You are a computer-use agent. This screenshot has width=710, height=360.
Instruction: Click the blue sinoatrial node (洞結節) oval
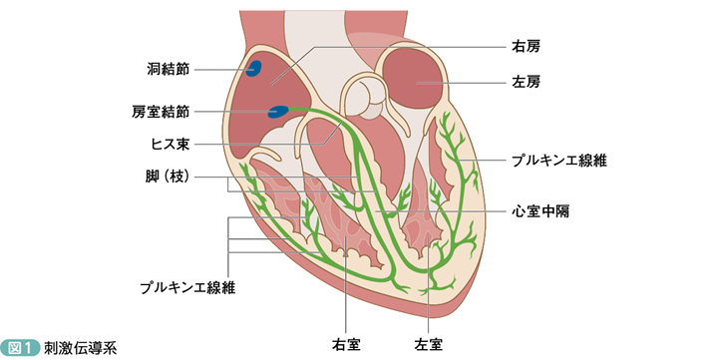coord(254,69)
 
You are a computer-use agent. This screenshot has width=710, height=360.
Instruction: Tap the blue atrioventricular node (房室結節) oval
coord(278,112)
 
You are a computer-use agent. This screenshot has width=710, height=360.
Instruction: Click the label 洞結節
coord(168,69)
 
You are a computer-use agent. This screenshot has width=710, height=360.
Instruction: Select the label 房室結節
coord(161,112)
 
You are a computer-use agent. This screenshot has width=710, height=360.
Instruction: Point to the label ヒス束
coord(170,145)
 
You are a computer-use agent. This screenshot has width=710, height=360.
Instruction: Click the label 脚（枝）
coord(168,177)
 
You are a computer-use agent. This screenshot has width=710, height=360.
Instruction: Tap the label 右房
coord(526,46)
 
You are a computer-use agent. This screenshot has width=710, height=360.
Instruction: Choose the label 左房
coord(526,83)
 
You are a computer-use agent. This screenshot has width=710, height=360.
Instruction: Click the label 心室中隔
coord(540,211)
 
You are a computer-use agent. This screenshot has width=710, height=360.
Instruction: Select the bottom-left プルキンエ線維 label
coord(187,287)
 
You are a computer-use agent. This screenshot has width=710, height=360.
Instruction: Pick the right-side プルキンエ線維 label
coord(559,161)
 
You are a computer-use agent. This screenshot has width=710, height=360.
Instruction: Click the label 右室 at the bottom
coord(346,344)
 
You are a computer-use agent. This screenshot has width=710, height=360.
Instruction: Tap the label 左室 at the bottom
coord(429,344)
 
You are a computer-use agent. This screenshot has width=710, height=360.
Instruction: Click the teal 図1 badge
coord(20,348)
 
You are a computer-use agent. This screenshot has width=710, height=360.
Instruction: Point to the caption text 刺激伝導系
coord(80,348)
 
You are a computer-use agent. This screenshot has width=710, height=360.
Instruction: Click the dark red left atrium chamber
coord(412,78)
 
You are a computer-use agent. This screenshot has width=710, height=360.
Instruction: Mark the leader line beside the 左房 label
coord(461,83)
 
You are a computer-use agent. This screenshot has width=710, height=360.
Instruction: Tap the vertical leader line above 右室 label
coord(346,284)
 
